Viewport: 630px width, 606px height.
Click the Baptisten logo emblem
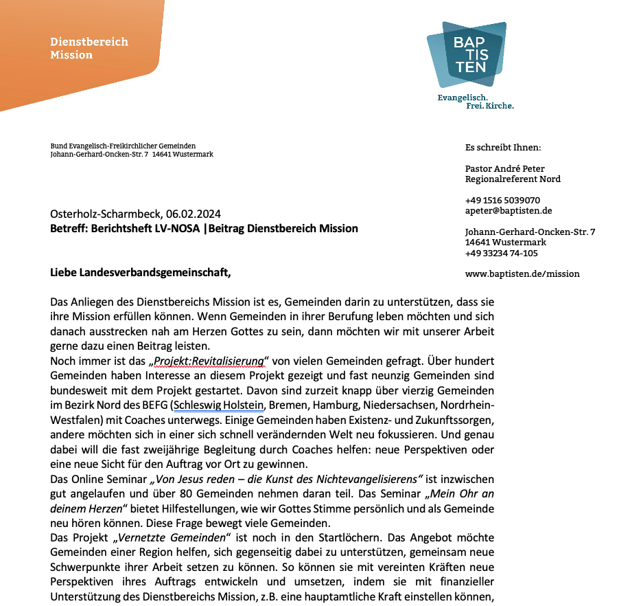[x=467, y=54]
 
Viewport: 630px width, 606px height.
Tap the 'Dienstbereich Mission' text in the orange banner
[x=89, y=48]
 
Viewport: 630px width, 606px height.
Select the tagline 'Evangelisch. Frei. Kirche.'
[x=476, y=102]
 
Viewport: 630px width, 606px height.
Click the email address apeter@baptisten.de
[x=508, y=211]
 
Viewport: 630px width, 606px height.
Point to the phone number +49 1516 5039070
[x=502, y=201]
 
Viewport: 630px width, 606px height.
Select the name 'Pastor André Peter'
[x=504, y=169]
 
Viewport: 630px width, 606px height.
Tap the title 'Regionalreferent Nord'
[x=513, y=179]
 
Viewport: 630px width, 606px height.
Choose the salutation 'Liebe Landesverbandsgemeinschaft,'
[x=141, y=273]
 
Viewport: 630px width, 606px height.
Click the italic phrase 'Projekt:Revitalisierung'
[x=209, y=361]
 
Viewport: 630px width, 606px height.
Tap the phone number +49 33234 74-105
[x=501, y=253]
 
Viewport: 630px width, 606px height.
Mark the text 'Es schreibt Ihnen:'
[x=502, y=148]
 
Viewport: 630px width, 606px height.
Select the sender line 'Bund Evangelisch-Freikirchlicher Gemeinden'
[x=123, y=146]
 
